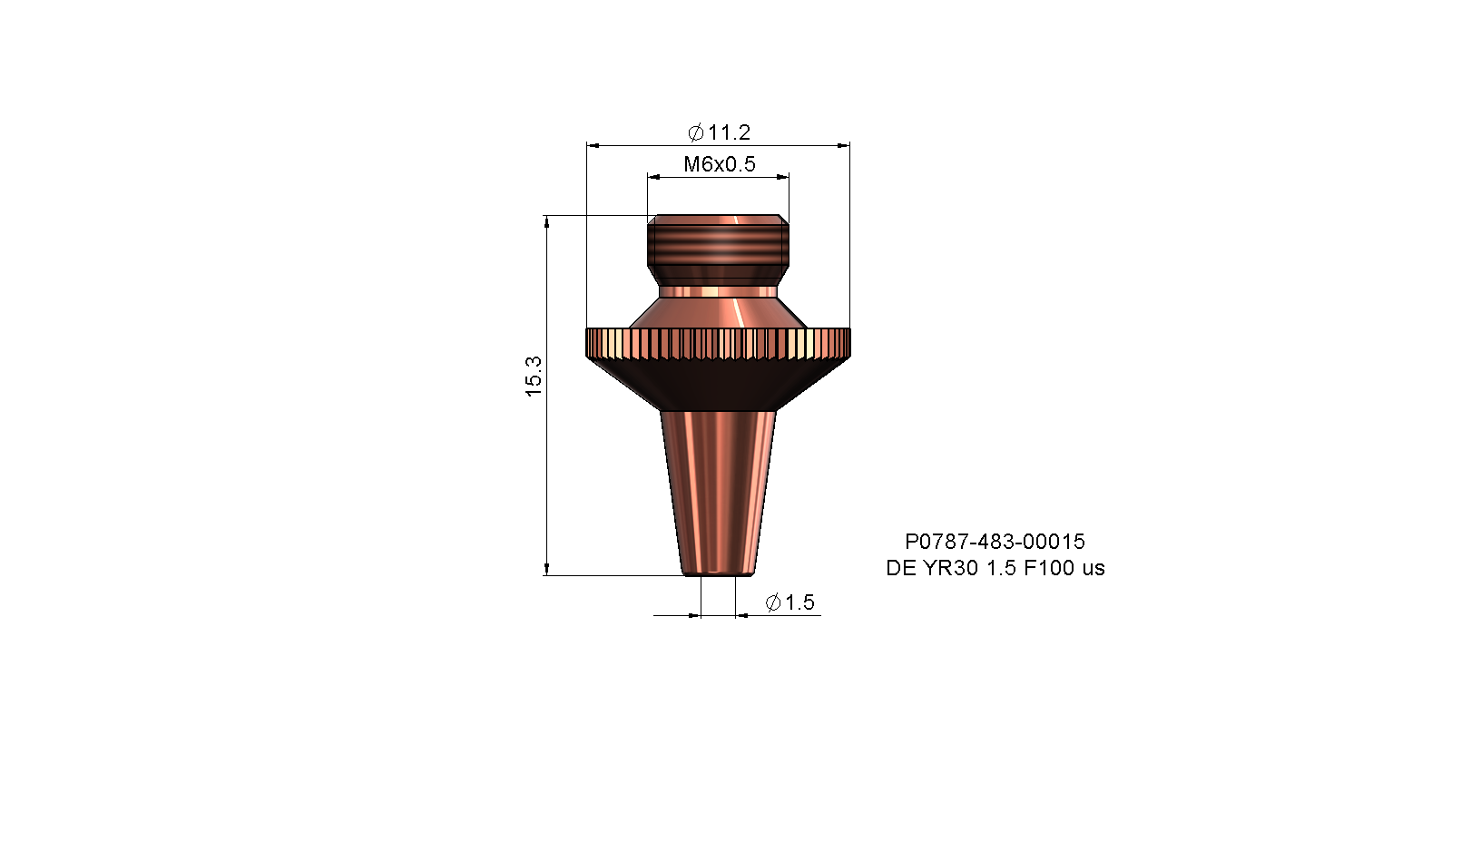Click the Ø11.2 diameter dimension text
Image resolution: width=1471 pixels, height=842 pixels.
point(719,132)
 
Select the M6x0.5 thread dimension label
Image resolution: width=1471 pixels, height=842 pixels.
point(719,164)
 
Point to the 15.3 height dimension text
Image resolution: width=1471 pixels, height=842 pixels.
point(534,377)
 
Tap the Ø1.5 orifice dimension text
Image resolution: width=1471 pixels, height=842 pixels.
point(790,602)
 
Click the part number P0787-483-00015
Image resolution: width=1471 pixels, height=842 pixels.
point(995,541)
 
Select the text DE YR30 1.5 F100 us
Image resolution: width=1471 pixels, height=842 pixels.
point(995,567)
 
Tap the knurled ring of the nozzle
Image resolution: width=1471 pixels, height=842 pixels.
point(719,343)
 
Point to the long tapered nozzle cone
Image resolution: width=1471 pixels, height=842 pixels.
point(719,493)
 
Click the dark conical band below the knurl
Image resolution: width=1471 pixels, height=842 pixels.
point(719,384)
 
